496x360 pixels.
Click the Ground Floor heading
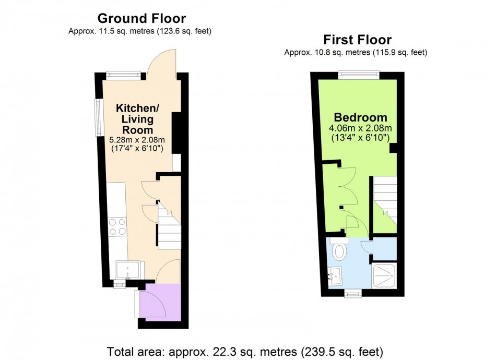click(141, 18)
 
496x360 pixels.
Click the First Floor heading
click(358, 40)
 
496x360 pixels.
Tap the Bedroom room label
click(361, 117)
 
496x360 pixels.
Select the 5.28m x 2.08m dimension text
click(137, 140)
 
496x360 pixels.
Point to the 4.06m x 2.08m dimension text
click(360, 128)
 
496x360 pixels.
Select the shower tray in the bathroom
click(384, 275)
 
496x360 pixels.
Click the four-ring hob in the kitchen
click(117, 227)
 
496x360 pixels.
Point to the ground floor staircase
click(169, 226)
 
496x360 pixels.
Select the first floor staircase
click(385, 200)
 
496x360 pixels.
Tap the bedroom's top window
click(359, 75)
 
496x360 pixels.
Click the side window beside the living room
click(98, 117)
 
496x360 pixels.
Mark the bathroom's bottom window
click(353, 294)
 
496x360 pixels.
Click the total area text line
click(245, 352)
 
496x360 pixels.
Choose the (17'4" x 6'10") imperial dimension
click(137, 149)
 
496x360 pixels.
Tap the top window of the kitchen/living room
click(123, 75)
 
